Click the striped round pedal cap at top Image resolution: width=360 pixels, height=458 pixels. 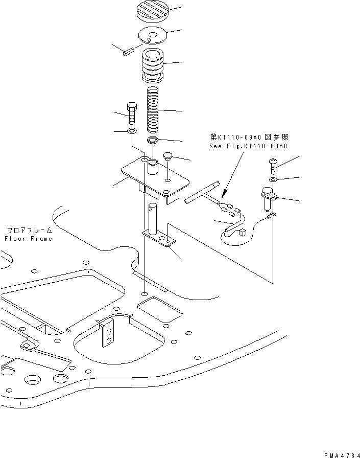pos(152,11)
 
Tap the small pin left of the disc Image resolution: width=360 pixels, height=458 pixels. pos(128,51)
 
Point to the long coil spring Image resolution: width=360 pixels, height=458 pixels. pos(153,109)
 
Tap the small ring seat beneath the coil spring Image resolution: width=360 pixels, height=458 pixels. pos(153,140)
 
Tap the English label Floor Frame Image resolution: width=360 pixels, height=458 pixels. pos(28,239)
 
